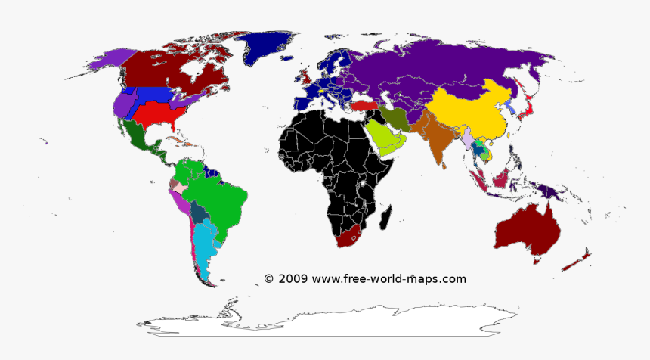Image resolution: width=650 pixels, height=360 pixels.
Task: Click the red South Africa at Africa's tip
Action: coord(349,236)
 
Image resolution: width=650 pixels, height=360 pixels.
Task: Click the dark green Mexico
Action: coord(141,140)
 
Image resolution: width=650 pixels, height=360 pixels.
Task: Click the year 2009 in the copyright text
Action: coord(293,278)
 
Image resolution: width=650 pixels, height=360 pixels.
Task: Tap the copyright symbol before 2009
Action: coord(269,278)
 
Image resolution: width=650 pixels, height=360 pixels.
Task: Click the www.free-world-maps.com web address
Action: coord(388,278)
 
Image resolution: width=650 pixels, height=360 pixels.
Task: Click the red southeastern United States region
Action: coord(162,113)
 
